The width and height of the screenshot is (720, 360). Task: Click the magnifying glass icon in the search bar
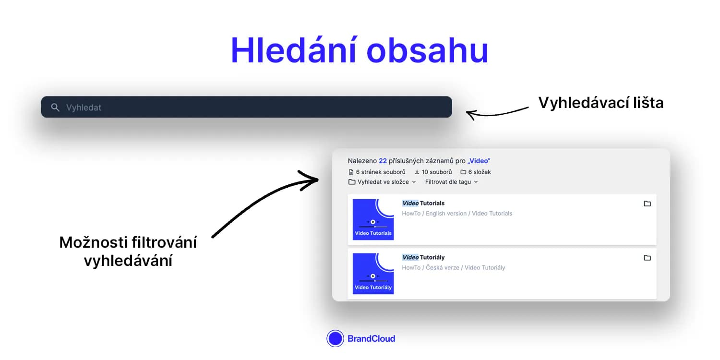pos(55,108)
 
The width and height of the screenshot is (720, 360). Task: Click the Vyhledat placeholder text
pos(84,108)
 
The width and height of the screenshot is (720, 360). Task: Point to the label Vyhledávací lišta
pos(601,103)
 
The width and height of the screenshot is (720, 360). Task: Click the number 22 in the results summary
pos(383,161)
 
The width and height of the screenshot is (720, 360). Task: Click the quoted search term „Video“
pos(479,161)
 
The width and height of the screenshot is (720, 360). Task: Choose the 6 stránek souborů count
pos(377,172)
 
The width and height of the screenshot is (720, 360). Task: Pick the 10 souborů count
pos(433,172)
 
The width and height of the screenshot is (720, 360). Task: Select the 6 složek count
pos(475,172)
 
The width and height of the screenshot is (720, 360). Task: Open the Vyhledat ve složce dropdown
pos(382,182)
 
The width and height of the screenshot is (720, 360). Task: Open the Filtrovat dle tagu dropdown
pos(451,182)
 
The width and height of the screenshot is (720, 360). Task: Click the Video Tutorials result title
pos(423,203)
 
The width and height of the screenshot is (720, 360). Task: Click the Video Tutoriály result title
pos(423,257)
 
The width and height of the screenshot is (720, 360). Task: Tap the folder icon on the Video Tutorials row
pos(648,204)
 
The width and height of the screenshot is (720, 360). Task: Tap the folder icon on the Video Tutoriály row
pos(648,258)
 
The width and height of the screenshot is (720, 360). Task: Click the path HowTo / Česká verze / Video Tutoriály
pos(454,267)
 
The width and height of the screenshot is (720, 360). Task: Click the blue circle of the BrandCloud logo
pos(335,338)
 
